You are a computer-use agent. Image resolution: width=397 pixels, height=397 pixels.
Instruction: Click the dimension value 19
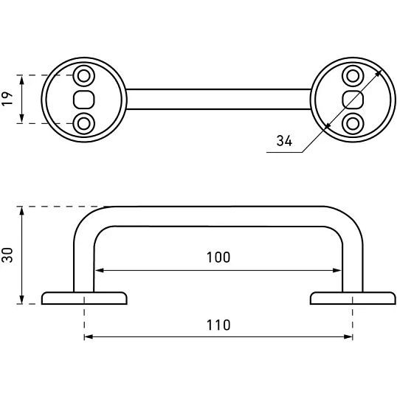pos(7,99)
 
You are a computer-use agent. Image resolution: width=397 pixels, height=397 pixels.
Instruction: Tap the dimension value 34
pos(284,141)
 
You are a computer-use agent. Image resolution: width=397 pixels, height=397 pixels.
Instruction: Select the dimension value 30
pos(7,255)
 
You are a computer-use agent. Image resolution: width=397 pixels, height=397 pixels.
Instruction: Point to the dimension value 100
pos(218,258)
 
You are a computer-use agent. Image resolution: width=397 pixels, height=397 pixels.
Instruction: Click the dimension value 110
pos(218,325)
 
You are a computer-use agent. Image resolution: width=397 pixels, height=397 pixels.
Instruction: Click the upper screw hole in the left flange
pos(84,76)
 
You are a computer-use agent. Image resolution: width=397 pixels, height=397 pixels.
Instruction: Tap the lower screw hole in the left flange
pos(84,124)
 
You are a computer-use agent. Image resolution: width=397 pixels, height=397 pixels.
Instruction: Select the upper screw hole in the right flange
pos(353,76)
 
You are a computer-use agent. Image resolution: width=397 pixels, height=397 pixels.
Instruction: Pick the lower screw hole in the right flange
pos(353,124)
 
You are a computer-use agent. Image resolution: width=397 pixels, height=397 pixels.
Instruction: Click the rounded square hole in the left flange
pos(84,100)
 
